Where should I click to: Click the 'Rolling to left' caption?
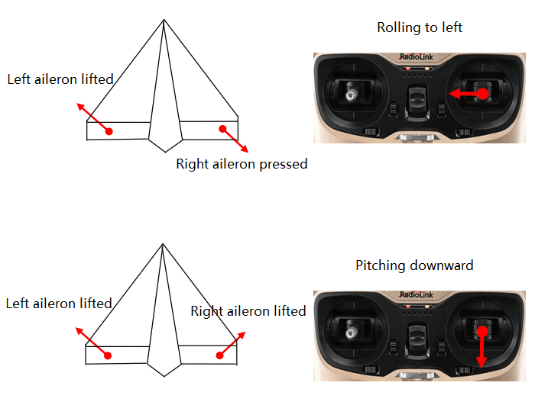pyautogui.click(x=420, y=28)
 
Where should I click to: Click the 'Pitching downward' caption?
pyautogui.click(x=414, y=265)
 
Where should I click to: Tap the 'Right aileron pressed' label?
pyautogui.click(x=242, y=164)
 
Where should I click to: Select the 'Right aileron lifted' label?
pyautogui.click(x=248, y=311)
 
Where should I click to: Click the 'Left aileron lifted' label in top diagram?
pyautogui.click(x=60, y=79)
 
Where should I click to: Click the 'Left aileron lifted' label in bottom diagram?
pyautogui.click(x=59, y=304)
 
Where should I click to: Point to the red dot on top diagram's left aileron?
pyautogui.click(x=109, y=131)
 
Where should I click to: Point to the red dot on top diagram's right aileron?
pyautogui.click(x=223, y=129)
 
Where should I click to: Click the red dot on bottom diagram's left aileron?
pyautogui.click(x=108, y=355)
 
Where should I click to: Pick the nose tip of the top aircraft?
pyautogui.click(x=164, y=20)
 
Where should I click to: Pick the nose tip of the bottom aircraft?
pyautogui.click(x=163, y=245)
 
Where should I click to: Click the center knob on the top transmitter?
pyautogui.click(x=417, y=99)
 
